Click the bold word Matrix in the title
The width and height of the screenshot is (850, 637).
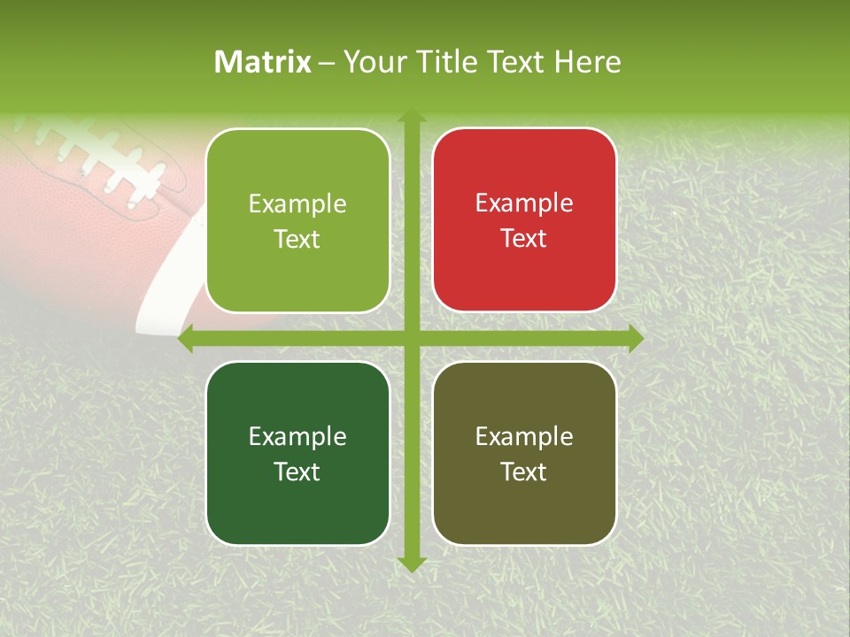(x=263, y=62)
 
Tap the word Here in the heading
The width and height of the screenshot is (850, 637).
(x=587, y=62)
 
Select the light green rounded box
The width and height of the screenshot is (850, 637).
(x=297, y=220)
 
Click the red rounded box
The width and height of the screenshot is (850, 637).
(x=524, y=220)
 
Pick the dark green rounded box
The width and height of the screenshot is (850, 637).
(x=297, y=453)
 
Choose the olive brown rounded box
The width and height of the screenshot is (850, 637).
(x=524, y=453)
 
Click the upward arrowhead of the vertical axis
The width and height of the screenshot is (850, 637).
(x=411, y=116)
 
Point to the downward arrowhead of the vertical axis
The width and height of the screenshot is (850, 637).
(x=411, y=564)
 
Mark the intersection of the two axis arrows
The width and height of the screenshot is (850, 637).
(x=411, y=339)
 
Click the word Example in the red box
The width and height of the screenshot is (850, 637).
(x=524, y=203)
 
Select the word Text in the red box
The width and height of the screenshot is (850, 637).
(x=524, y=239)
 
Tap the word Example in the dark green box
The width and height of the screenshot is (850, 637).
(x=297, y=436)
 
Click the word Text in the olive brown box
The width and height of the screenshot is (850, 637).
(x=524, y=472)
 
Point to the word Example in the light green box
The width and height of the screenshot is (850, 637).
(x=297, y=204)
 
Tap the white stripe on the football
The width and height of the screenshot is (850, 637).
(x=168, y=283)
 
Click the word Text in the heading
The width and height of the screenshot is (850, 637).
(x=520, y=62)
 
